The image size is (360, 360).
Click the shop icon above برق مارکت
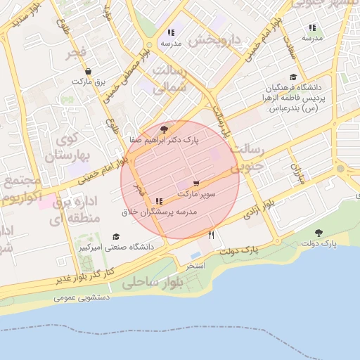click(x=87, y=71)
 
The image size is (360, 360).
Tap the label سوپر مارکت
click(x=196, y=193)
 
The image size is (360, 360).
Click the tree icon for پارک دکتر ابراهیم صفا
click(x=164, y=129)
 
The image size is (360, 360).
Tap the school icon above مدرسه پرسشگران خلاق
click(x=159, y=202)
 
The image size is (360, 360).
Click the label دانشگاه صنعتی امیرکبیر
click(x=84, y=247)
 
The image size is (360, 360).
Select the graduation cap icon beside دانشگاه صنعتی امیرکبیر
click(x=116, y=237)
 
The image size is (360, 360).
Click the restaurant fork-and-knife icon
click(x=211, y=234)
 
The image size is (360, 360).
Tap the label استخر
click(x=195, y=267)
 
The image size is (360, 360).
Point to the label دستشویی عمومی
click(x=82, y=297)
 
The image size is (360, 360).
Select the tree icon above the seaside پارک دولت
click(x=319, y=233)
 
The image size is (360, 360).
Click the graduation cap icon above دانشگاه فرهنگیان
click(x=293, y=78)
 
